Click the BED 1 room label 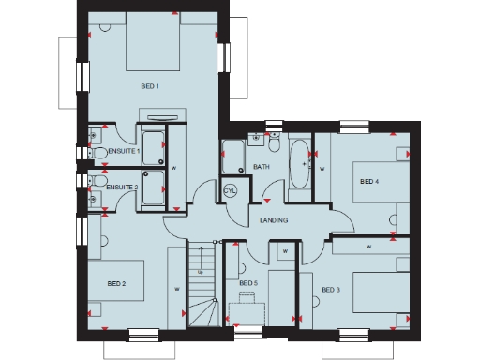pyautogui.click(x=150, y=86)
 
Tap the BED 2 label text pyautogui.click(x=116, y=283)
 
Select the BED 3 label pyautogui.click(x=330, y=290)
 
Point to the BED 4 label pyautogui.click(x=368, y=181)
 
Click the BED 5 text pyautogui.click(x=247, y=283)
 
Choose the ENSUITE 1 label pyautogui.click(x=124, y=150)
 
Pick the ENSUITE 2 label pyautogui.click(x=122, y=187)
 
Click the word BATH pyautogui.click(x=262, y=167)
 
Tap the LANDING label pyautogui.click(x=274, y=220)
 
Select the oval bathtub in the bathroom pyautogui.click(x=300, y=165)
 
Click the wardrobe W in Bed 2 pyautogui.click(x=176, y=290)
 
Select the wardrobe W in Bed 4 pyautogui.click(x=322, y=169)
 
